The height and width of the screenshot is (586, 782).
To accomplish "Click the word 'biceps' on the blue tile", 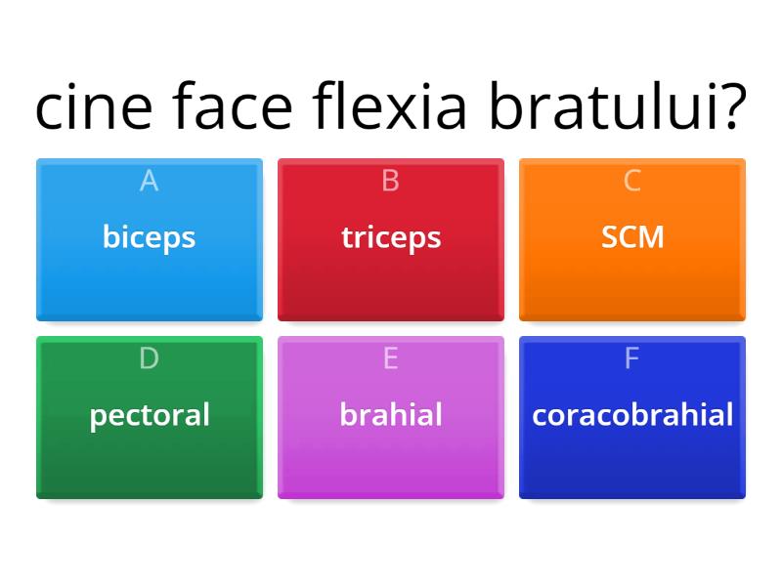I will [149, 237].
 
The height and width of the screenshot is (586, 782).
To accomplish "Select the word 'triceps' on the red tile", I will [391, 237].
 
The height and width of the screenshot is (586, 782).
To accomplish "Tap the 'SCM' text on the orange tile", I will [632, 237].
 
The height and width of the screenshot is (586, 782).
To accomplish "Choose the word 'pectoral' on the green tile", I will [150, 415].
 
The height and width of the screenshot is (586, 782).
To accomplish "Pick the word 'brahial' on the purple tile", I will [391, 415].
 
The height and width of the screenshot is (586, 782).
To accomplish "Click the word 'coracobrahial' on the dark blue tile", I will [632, 415].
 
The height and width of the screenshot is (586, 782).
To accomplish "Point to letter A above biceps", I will [149, 181].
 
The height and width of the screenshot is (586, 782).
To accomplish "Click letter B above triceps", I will [391, 181].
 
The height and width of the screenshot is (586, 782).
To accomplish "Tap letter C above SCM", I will [632, 181].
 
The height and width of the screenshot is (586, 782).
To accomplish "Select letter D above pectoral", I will [149, 358].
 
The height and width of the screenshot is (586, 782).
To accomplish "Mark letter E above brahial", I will [391, 358].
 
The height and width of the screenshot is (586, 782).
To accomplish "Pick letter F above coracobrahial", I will [632, 358].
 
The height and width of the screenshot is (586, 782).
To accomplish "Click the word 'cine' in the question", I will [94, 107].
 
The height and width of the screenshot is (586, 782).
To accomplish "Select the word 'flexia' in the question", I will [391, 107].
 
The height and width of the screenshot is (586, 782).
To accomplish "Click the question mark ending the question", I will [730, 107].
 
